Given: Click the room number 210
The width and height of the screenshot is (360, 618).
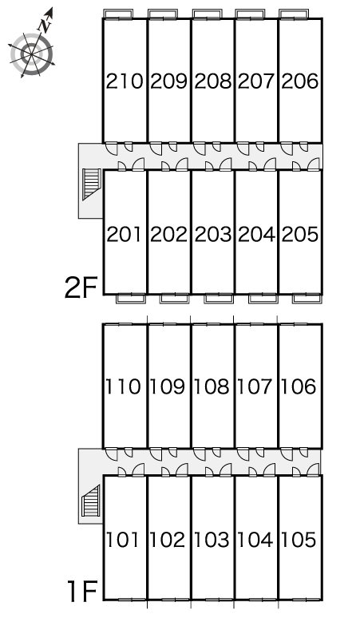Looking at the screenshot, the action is pyautogui.click(x=125, y=81).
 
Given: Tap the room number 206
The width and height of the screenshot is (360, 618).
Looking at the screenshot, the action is pyautogui.click(x=300, y=81).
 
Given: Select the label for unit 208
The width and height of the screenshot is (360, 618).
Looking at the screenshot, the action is pyautogui.click(x=212, y=81).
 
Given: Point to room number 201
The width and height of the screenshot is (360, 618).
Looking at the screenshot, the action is pyautogui.click(x=124, y=235).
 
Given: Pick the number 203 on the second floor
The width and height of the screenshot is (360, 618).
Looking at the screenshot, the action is pyautogui.click(x=212, y=235).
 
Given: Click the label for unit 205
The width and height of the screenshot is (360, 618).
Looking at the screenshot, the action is pyautogui.click(x=300, y=235).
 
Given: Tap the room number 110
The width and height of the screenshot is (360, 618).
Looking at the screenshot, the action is pyautogui.click(x=123, y=386).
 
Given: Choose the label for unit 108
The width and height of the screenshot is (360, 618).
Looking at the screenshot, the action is pyautogui.click(x=212, y=386).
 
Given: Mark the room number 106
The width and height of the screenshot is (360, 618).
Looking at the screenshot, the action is pyautogui.click(x=299, y=386).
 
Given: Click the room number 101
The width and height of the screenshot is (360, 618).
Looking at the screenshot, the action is pyautogui.click(x=122, y=540).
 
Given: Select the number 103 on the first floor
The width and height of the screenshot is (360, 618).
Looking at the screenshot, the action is pyautogui.click(x=212, y=540).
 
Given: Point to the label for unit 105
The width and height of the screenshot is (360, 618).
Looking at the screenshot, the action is pyautogui.click(x=299, y=540).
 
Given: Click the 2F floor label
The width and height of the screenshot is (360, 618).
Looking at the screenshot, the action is pyautogui.click(x=81, y=287).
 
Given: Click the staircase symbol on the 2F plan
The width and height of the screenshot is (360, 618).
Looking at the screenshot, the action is pyautogui.click(x=91, y=184).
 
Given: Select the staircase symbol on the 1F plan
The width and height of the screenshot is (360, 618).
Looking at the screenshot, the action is pyautogui.click(x=90, y=501).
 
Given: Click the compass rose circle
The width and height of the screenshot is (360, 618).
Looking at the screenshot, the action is pyautogui.click(x=31, y=54).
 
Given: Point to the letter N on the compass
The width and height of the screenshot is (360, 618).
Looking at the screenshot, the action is pyautogui.click(x=45, y=25).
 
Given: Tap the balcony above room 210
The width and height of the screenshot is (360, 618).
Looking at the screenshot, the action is pyautogui.click(x=118, y=14).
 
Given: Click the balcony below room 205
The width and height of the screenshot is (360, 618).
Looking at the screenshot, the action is pyautogui.click(x=307, y=299).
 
